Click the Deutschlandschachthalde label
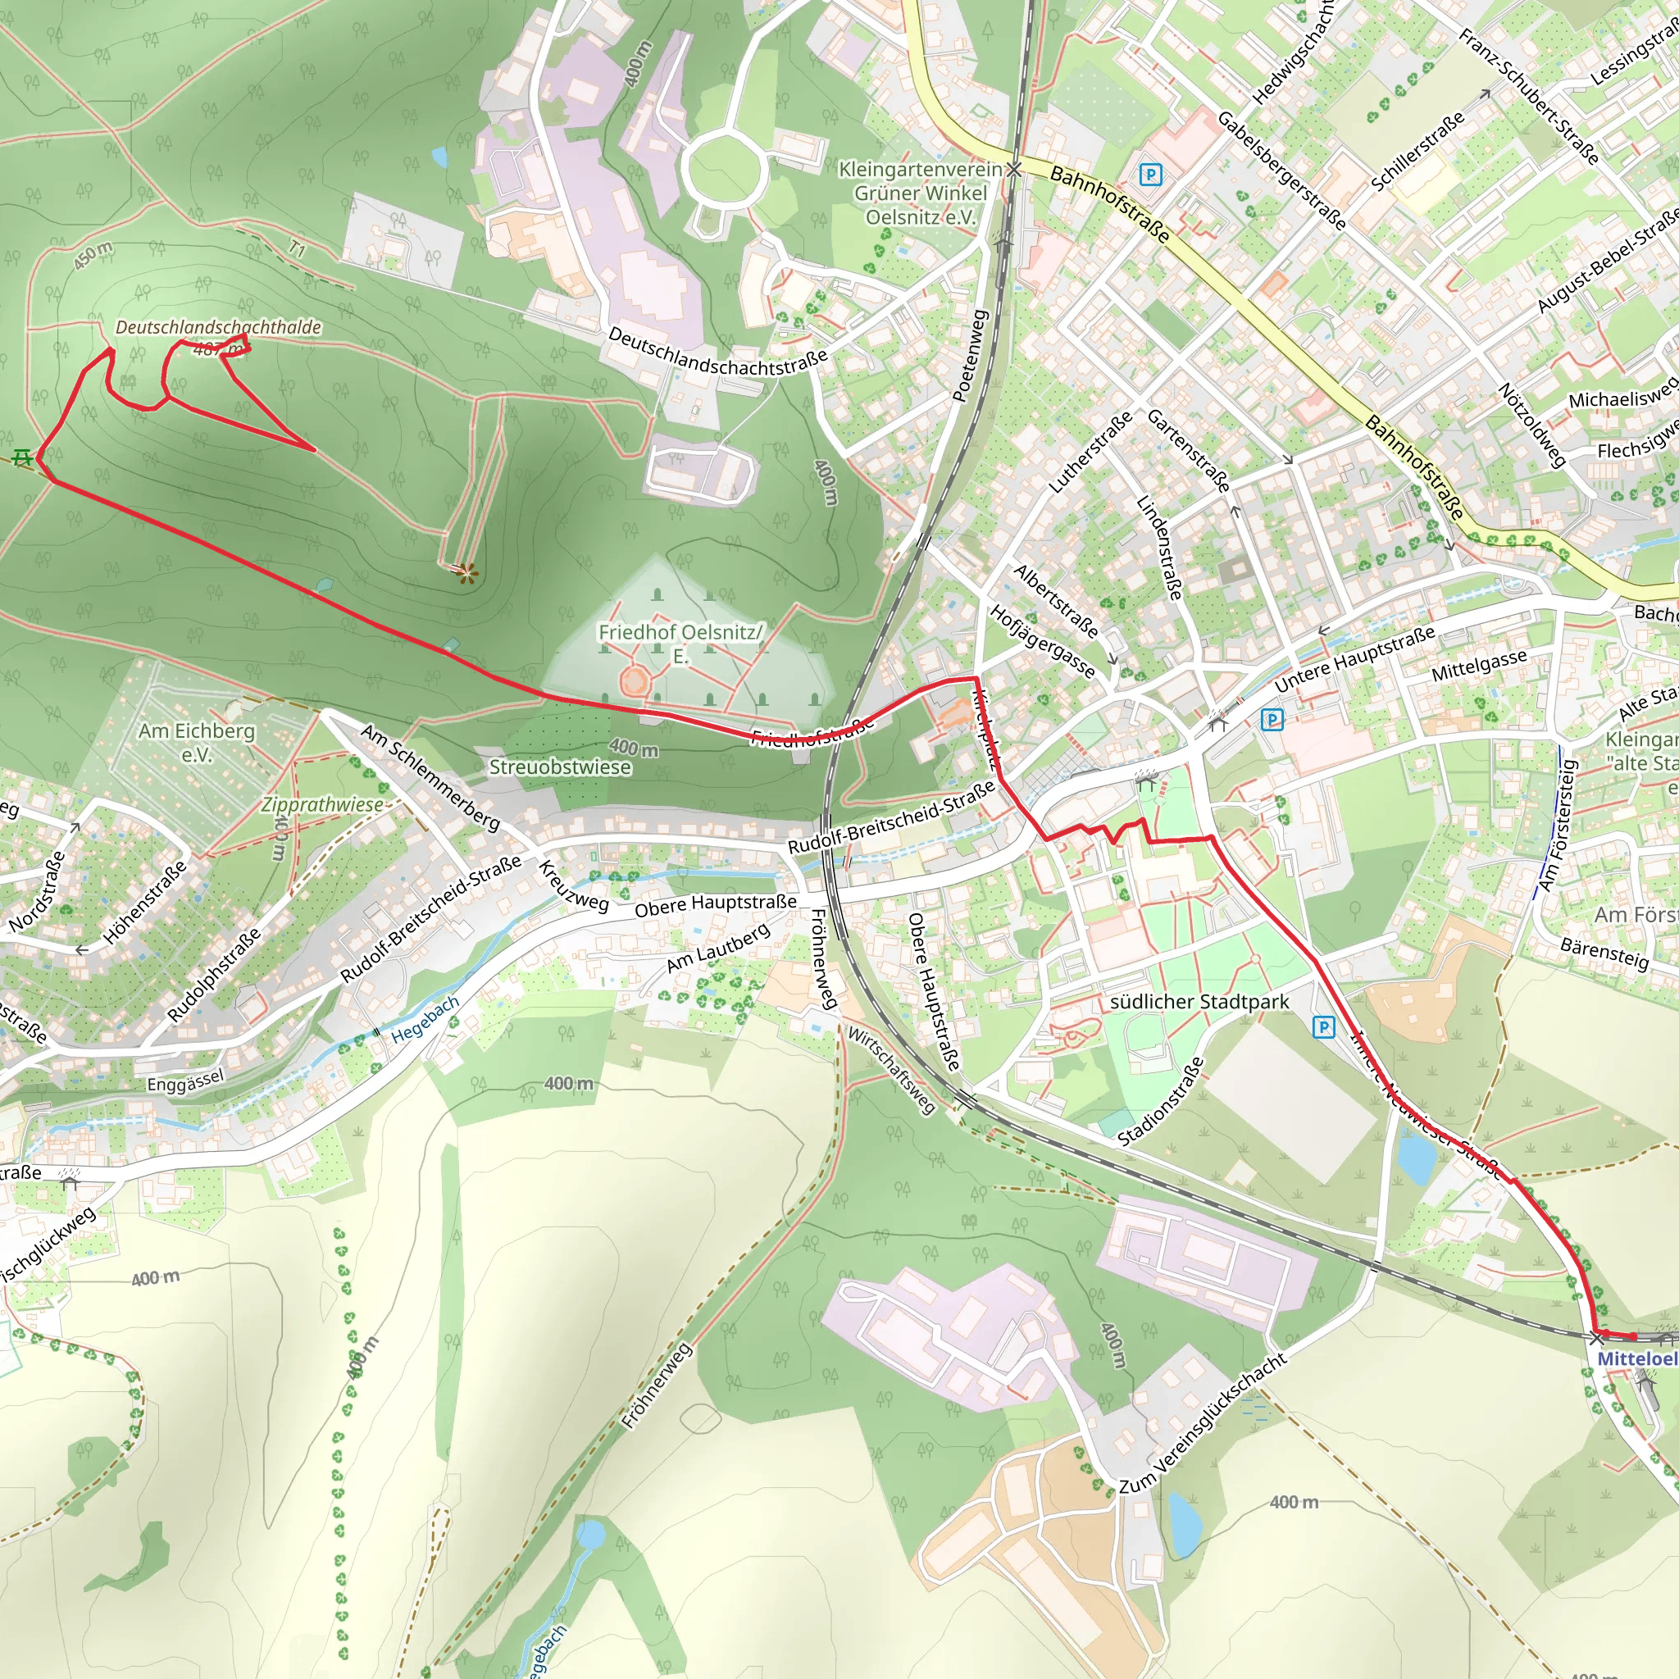tap(218, 328)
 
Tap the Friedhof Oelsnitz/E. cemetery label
tap(680, 643)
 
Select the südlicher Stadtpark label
tap(1199, 1002)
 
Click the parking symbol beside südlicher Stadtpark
tap(1323, 1027)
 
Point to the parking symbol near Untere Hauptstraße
tap(1272, 720)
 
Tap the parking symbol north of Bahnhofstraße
tap(1149, 175)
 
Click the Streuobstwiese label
tap(560, 767)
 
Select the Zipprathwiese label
tap(322, 805)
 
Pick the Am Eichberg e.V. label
tap(197, 742)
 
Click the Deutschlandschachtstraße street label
tap(717, 351)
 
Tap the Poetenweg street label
tap(971, 356)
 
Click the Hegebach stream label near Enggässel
tap(424, 1020)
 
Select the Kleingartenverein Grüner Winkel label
tap(921, 193)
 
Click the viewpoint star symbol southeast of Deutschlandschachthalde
tap(467, 572)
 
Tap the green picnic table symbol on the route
tap(23, 457)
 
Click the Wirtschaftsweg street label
tap(892, 1071)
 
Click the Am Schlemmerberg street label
tap(430, 777)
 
